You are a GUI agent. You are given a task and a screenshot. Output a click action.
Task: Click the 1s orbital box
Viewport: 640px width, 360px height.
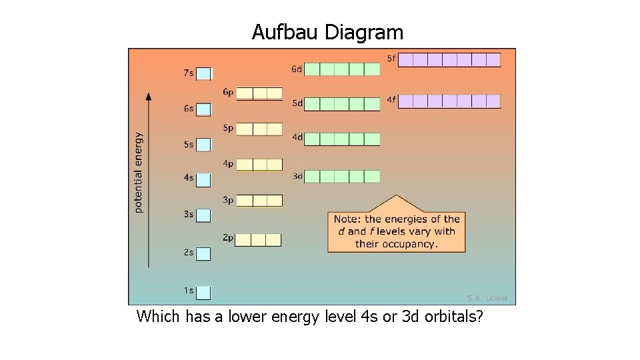pos(203,292)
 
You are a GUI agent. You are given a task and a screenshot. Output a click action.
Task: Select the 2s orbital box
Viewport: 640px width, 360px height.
pos(203,254)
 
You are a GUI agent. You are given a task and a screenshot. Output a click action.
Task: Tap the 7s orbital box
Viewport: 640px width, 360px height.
pos(203,73)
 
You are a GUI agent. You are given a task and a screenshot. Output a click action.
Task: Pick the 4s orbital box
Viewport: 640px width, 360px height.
pos(203,179)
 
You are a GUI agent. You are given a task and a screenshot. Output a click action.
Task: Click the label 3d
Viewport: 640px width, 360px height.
pos(297,177)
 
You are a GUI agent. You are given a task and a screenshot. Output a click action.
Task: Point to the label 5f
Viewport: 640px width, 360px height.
pos(391,59)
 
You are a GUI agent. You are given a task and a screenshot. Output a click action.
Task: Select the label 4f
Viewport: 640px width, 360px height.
pos(391,100)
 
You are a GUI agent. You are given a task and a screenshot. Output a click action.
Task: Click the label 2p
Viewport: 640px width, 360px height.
pos(227,237)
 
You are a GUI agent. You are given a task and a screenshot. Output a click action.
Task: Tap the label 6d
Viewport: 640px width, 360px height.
pos(297,69)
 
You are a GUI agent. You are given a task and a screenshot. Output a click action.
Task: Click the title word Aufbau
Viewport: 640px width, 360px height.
pos(285,32)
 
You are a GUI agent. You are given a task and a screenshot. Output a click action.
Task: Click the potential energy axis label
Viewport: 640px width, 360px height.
pos(139,173)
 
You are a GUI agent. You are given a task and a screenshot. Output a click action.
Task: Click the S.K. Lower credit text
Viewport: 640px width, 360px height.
pos(487,298)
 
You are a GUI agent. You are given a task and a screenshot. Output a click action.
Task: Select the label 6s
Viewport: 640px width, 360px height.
pos(189,109)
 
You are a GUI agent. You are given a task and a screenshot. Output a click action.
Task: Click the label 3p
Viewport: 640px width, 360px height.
pos(227,199)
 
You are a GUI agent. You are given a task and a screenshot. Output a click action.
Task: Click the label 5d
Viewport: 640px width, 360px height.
pos(297,103)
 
